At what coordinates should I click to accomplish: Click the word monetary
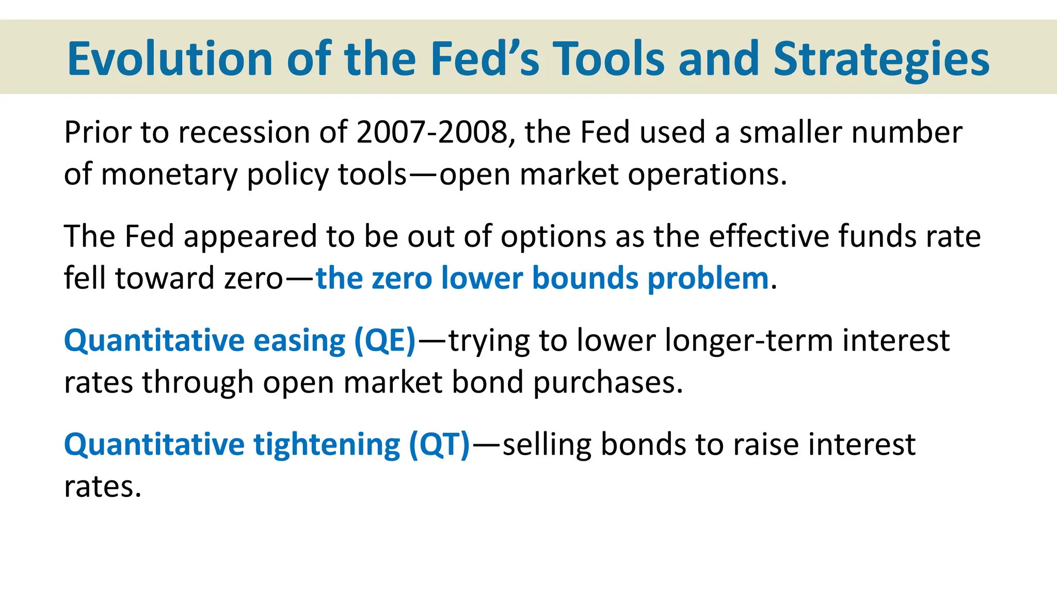click(169, 175)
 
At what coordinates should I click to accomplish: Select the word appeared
click(250, 237)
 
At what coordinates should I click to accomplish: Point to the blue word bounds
click(585, 278)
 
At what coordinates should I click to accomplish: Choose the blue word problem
click(708, 278)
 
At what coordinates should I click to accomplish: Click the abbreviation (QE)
click(385, 341)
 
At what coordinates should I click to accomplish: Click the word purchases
click(607, 383)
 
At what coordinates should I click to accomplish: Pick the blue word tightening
click(327, 445)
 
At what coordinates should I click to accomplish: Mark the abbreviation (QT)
click(439, 445)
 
